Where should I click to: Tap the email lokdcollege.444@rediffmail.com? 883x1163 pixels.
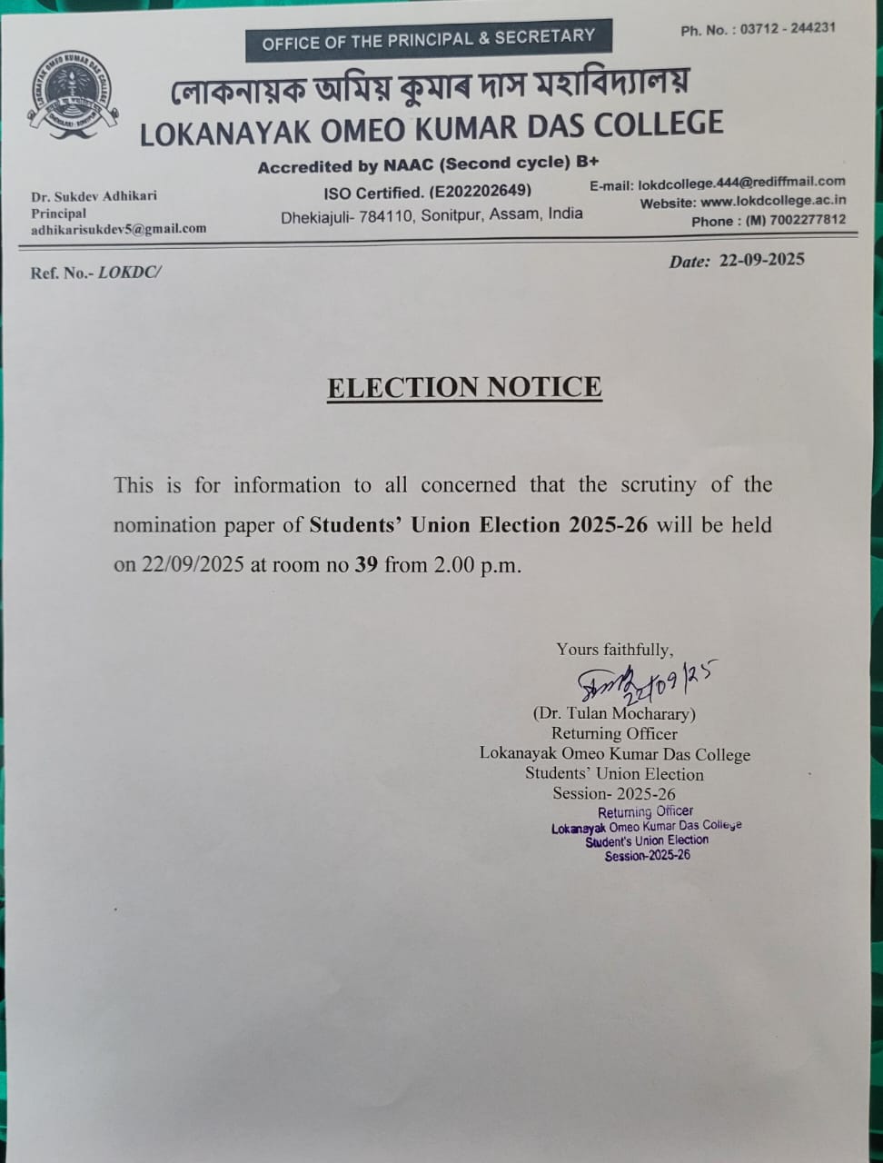(741, 183)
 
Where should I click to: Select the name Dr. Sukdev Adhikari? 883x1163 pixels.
(94, 196)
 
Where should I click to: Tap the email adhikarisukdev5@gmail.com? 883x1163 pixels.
(118, 229)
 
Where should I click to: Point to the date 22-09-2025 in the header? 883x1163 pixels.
(761, 261)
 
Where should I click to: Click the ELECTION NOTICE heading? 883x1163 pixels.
(464, 387)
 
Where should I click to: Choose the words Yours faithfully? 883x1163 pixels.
(614, 649)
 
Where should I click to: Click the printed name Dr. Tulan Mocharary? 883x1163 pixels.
(614, 714)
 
